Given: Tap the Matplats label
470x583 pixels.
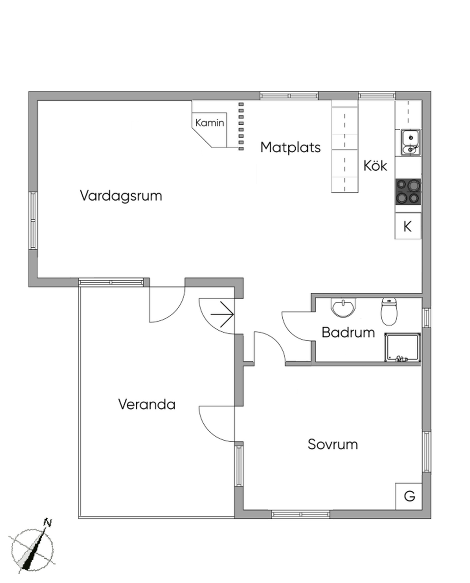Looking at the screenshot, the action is tap(290, 148).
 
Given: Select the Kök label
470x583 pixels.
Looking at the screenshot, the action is tap(375, 165).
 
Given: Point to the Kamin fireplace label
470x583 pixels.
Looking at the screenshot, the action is tap(209, 123).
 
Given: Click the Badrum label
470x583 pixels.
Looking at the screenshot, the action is tap(348, 333).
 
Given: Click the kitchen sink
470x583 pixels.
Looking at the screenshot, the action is tap(411, 143).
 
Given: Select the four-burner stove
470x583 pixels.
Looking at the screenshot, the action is tap(408, 192).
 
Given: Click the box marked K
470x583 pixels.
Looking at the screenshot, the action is tap(408, 226).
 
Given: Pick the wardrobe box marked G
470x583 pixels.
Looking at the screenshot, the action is tap(409, 496).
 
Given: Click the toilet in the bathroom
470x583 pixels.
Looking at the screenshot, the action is tap(389, 311).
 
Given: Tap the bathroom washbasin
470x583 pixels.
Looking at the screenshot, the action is tap(343, 308).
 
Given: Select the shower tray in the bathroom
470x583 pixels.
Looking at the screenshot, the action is tap(403, 348).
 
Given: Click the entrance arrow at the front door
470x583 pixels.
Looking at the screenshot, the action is tap(222, 314).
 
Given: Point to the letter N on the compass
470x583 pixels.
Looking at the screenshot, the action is tap(48, 523).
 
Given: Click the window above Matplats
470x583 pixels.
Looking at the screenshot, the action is tap(289, 95).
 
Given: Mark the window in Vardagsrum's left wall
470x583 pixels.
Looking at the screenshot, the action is tap(33, 221).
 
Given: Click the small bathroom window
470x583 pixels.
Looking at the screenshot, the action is tap(426, 318).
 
